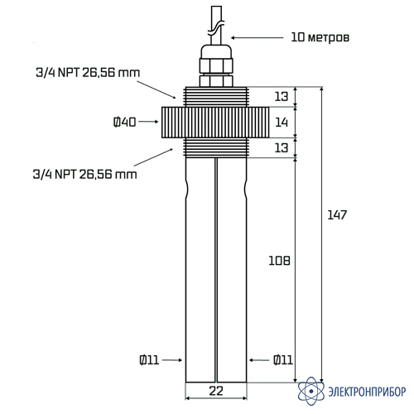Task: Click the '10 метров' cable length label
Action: (x=320, y=37)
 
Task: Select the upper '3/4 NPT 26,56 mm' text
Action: (x=88, y=73)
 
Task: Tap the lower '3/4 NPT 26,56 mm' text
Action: (x=84, y=175)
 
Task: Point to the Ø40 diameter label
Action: (x=125, y=122)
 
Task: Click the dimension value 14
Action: (x=282, y=122)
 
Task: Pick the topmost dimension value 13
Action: (x=282, y=96)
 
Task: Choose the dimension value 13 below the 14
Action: (x=282, y=147)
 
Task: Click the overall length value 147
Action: (x=337, y=215)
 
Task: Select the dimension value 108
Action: (x=279, y=261)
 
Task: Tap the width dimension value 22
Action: (x=216, y=391)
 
